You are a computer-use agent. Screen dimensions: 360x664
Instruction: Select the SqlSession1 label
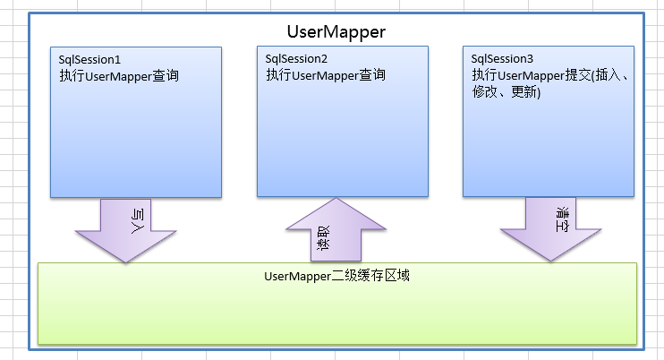(x=89, y=59)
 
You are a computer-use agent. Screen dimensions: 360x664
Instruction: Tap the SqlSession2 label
(x=296, y=59)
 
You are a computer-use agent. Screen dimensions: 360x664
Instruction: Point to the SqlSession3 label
(x=502, y=59)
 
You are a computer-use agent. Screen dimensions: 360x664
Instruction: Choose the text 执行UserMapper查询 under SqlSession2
(x=326, y=76)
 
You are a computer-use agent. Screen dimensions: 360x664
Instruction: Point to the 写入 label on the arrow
(x=137, y=218)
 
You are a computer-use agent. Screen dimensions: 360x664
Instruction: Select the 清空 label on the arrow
(x=562, y=218)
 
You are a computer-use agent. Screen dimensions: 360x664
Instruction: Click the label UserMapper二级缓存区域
(x=337, y=276)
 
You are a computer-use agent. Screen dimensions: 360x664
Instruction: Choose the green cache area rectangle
(x=337, y=313)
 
